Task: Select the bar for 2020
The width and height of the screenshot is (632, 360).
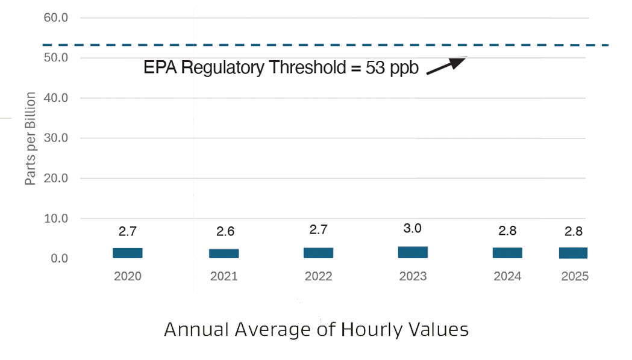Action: click(127, 253)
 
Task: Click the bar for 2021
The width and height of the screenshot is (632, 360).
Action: click(224, 253)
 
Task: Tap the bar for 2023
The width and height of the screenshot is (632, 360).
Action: click(413, 252)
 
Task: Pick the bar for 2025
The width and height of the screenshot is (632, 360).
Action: click(573, 253)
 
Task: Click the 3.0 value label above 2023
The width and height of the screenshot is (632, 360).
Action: click(412, 228)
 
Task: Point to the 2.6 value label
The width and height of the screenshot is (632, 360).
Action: click(225, 231)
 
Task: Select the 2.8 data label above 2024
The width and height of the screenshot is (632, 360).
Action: click(507, 231)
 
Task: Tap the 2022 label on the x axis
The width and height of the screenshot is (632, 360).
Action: click(319, 276)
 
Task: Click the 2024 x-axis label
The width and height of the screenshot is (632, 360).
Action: click(507, 276)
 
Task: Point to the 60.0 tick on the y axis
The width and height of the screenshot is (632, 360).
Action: click(56, 17)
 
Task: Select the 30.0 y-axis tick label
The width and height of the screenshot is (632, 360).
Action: click(56, 138)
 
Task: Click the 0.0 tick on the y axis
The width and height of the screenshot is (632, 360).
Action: click(59, 258)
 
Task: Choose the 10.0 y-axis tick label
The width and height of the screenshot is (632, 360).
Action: click(56, 219)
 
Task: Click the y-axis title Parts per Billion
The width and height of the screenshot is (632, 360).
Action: click(30, 138)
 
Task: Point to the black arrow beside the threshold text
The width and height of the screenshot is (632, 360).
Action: click(446, 66)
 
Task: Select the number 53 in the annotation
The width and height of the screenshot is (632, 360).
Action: click(375, 67)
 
